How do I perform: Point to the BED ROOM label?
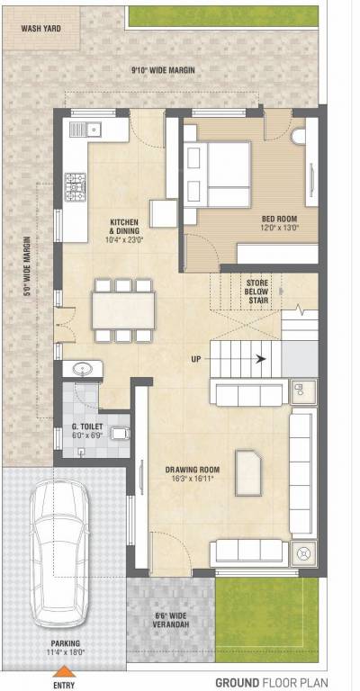pos(279,222)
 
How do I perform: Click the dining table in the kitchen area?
pos(125,310)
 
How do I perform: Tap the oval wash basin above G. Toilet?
pos(79,370)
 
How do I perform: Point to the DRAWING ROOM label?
pos(192,472)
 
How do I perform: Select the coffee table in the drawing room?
pos(247,472)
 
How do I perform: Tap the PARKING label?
pos(64,647)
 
